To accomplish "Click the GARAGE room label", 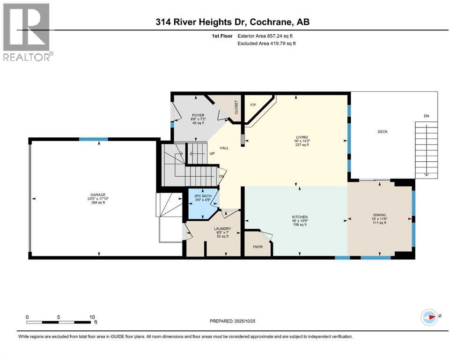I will [x=98, y=195].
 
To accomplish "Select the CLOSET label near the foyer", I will [x=236, y=107].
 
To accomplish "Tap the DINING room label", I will [x=380, y=213].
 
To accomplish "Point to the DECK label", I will [x=383, y=132].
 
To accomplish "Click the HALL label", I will [x=224, y=148].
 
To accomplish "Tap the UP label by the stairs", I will [x=212, y=153].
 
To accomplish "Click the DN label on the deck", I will [x=426, y=116].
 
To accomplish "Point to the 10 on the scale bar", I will [x=92, y=317].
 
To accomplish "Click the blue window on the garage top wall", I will [x=93, y=139].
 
